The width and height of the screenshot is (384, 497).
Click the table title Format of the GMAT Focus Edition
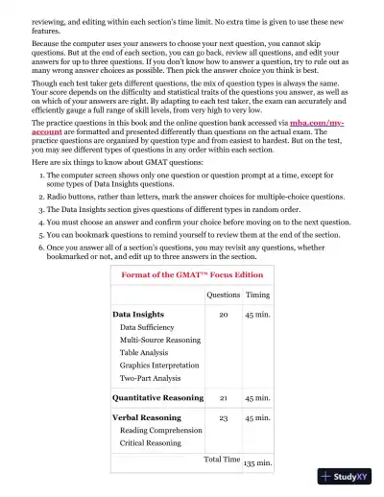click(x=191, y=274)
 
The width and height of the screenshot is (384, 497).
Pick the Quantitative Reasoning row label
click(x=157, y=397)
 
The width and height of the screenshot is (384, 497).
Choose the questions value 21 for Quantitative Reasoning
click(x=224, y=397)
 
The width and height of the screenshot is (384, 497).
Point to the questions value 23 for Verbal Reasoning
click(x=224, y=418)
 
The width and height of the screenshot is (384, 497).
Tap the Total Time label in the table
click(x=222, y=460)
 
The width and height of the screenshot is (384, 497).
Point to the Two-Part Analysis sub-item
click(x=152, y=378)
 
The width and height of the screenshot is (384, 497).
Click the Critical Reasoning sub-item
click(x=152, y=443)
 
